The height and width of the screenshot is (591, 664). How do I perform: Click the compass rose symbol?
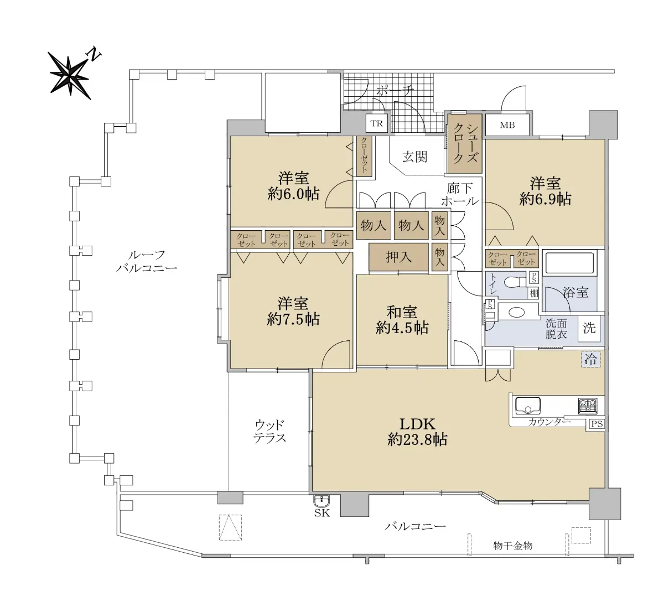tap(70, 76)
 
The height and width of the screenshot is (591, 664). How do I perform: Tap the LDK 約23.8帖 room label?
tap(417, 432)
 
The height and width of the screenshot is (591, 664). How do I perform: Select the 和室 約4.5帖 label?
tap(402, 320)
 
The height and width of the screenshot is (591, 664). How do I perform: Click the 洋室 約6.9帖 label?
tap(546, 191)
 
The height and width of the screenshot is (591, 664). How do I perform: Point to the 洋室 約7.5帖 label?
tap(293, 311)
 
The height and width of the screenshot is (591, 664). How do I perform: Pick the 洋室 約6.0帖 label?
tap(293, 186)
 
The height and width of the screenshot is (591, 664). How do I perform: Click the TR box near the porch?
tap(377, 123)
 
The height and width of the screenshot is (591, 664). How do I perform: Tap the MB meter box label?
tap(507, 125)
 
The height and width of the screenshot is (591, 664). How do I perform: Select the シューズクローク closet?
tap(465, 144)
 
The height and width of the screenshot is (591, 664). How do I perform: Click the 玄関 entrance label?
tap(415, 157)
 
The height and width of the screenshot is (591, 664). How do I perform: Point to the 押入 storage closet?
tap(398, 257)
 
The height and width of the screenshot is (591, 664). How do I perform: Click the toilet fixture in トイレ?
tap(514, 282)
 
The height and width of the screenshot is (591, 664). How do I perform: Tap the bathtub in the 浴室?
tap(569, 262)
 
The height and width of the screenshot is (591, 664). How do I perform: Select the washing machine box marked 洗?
tap(589, 329)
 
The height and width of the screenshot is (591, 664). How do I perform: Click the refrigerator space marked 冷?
tap(591, 360)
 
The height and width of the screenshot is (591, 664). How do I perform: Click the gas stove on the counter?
tap(588, 406)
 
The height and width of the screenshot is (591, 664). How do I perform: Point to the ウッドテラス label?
tap(269, 432)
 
